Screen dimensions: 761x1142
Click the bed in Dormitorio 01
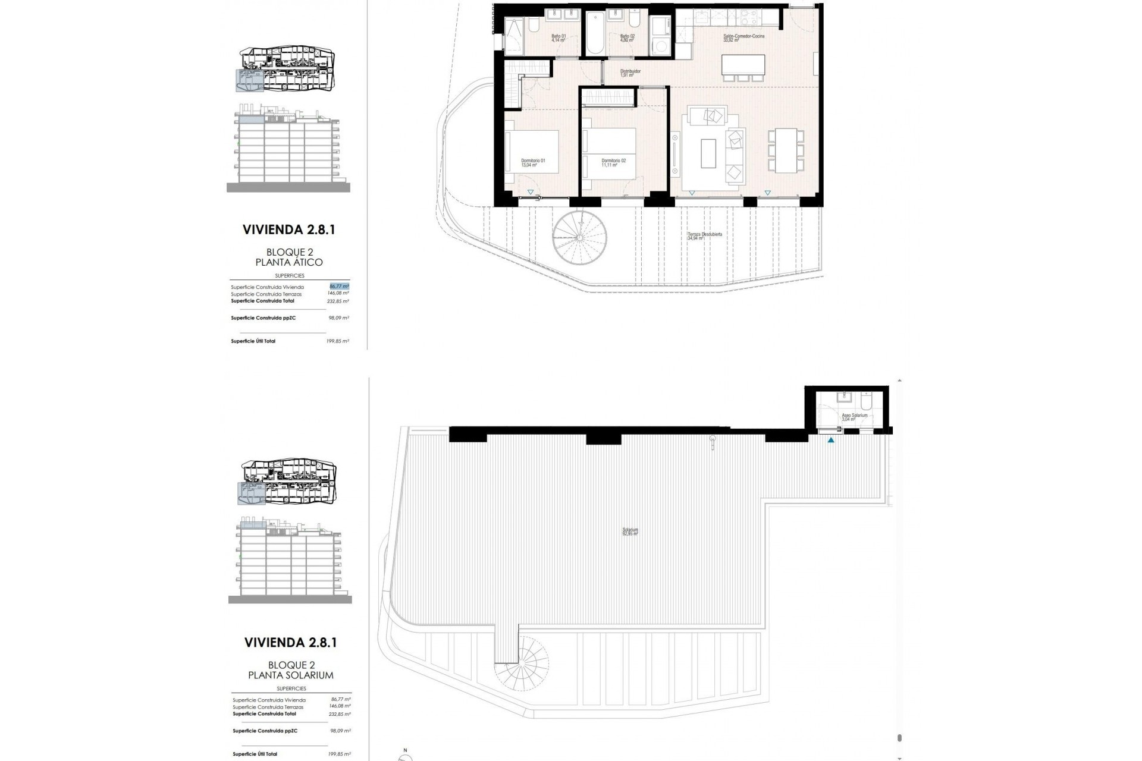532,152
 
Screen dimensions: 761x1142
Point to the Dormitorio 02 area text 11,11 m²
610,165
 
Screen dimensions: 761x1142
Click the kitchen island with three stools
743,64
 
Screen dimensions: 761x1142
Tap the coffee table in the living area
708,153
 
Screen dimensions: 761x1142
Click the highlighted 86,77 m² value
339,286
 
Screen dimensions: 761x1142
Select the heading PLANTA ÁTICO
289,262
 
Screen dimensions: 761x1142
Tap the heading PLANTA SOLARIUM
290,675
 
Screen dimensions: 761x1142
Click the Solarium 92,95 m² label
630,532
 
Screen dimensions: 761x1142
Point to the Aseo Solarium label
854,416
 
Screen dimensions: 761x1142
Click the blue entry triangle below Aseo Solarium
831,441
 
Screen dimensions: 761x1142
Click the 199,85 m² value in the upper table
339,341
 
